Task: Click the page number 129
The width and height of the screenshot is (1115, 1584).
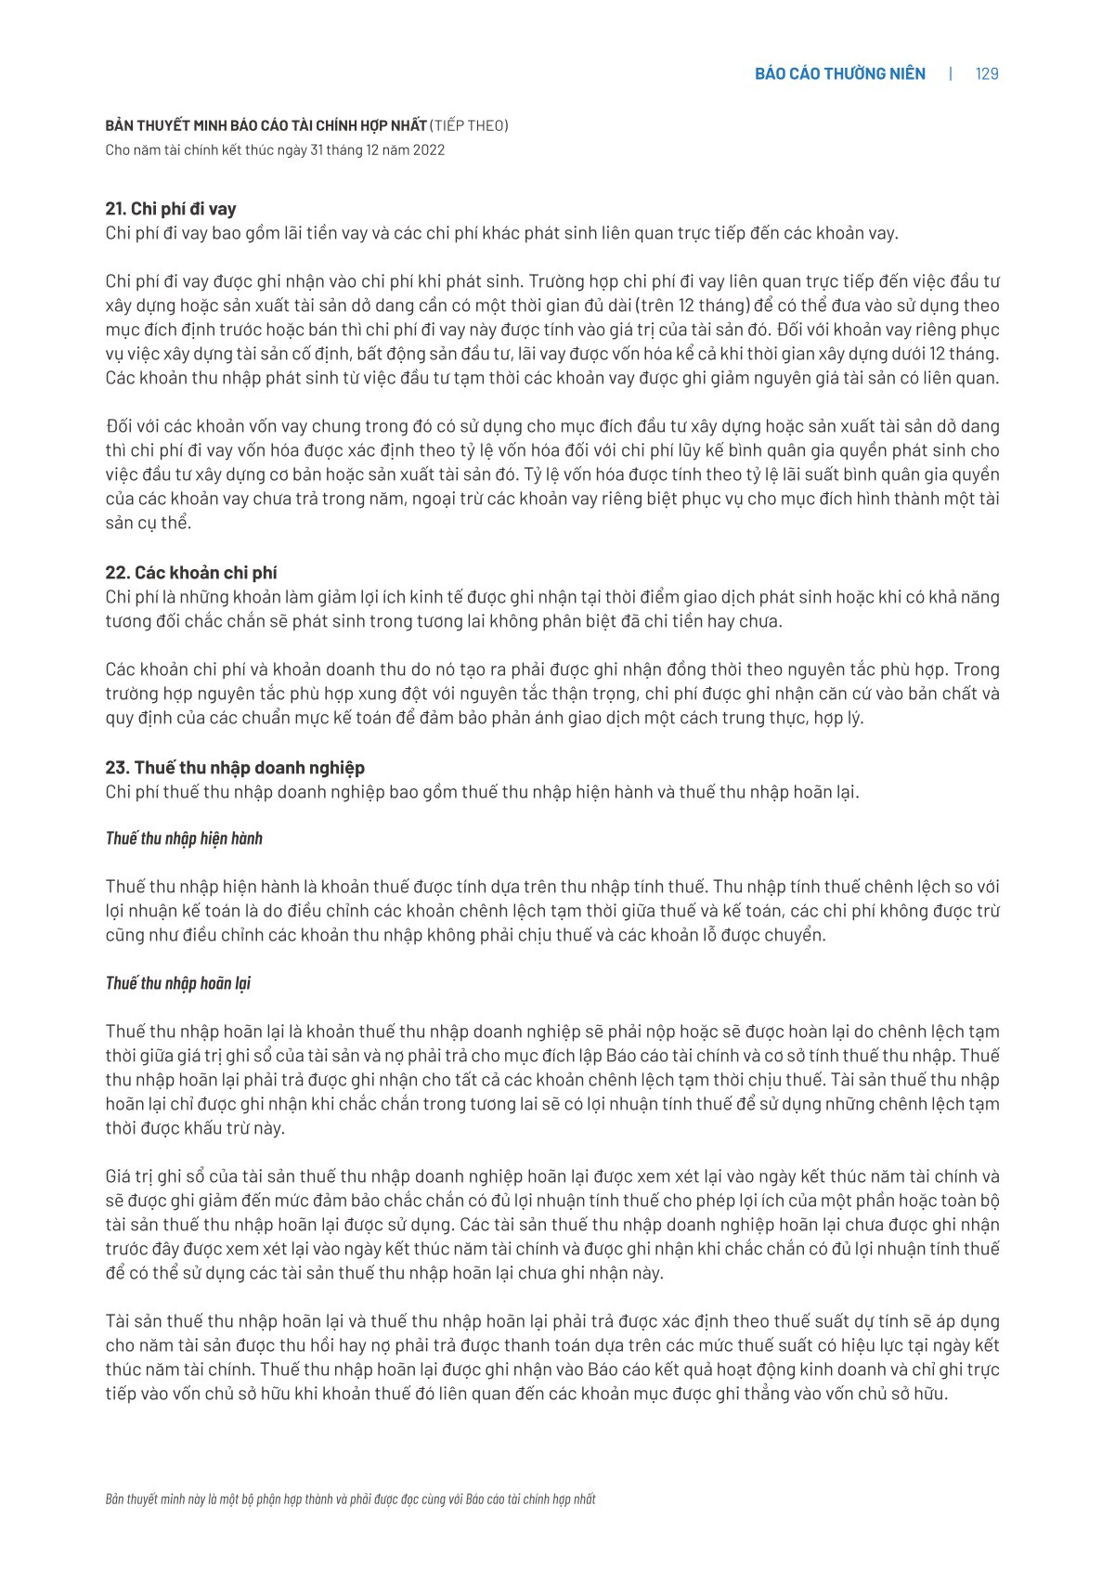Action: (987, 74)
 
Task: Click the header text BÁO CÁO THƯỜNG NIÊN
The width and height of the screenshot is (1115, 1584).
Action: (839, 74)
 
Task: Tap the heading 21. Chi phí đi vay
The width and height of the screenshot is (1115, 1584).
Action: (171, 209)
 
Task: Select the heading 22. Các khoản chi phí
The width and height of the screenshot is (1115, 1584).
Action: (191, 573)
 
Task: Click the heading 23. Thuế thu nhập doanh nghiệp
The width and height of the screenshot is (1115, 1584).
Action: (235, 768)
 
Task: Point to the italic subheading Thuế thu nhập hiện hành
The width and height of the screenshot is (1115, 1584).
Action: (184, 838)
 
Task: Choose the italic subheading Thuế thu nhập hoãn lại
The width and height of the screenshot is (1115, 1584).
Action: (178, 983)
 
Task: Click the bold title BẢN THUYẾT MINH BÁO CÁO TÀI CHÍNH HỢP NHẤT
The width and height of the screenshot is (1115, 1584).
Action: (266, 125)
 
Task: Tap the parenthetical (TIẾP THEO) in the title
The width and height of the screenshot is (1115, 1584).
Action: (469, 125)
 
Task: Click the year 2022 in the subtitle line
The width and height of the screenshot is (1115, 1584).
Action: (428, 150)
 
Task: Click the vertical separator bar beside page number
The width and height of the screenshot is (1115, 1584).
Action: (950, 74)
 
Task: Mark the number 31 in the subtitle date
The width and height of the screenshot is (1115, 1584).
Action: (318, 150)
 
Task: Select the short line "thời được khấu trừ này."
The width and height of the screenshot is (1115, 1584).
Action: (195, 1128)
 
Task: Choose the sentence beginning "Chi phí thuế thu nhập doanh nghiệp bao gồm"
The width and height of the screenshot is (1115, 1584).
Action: (482, 792)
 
